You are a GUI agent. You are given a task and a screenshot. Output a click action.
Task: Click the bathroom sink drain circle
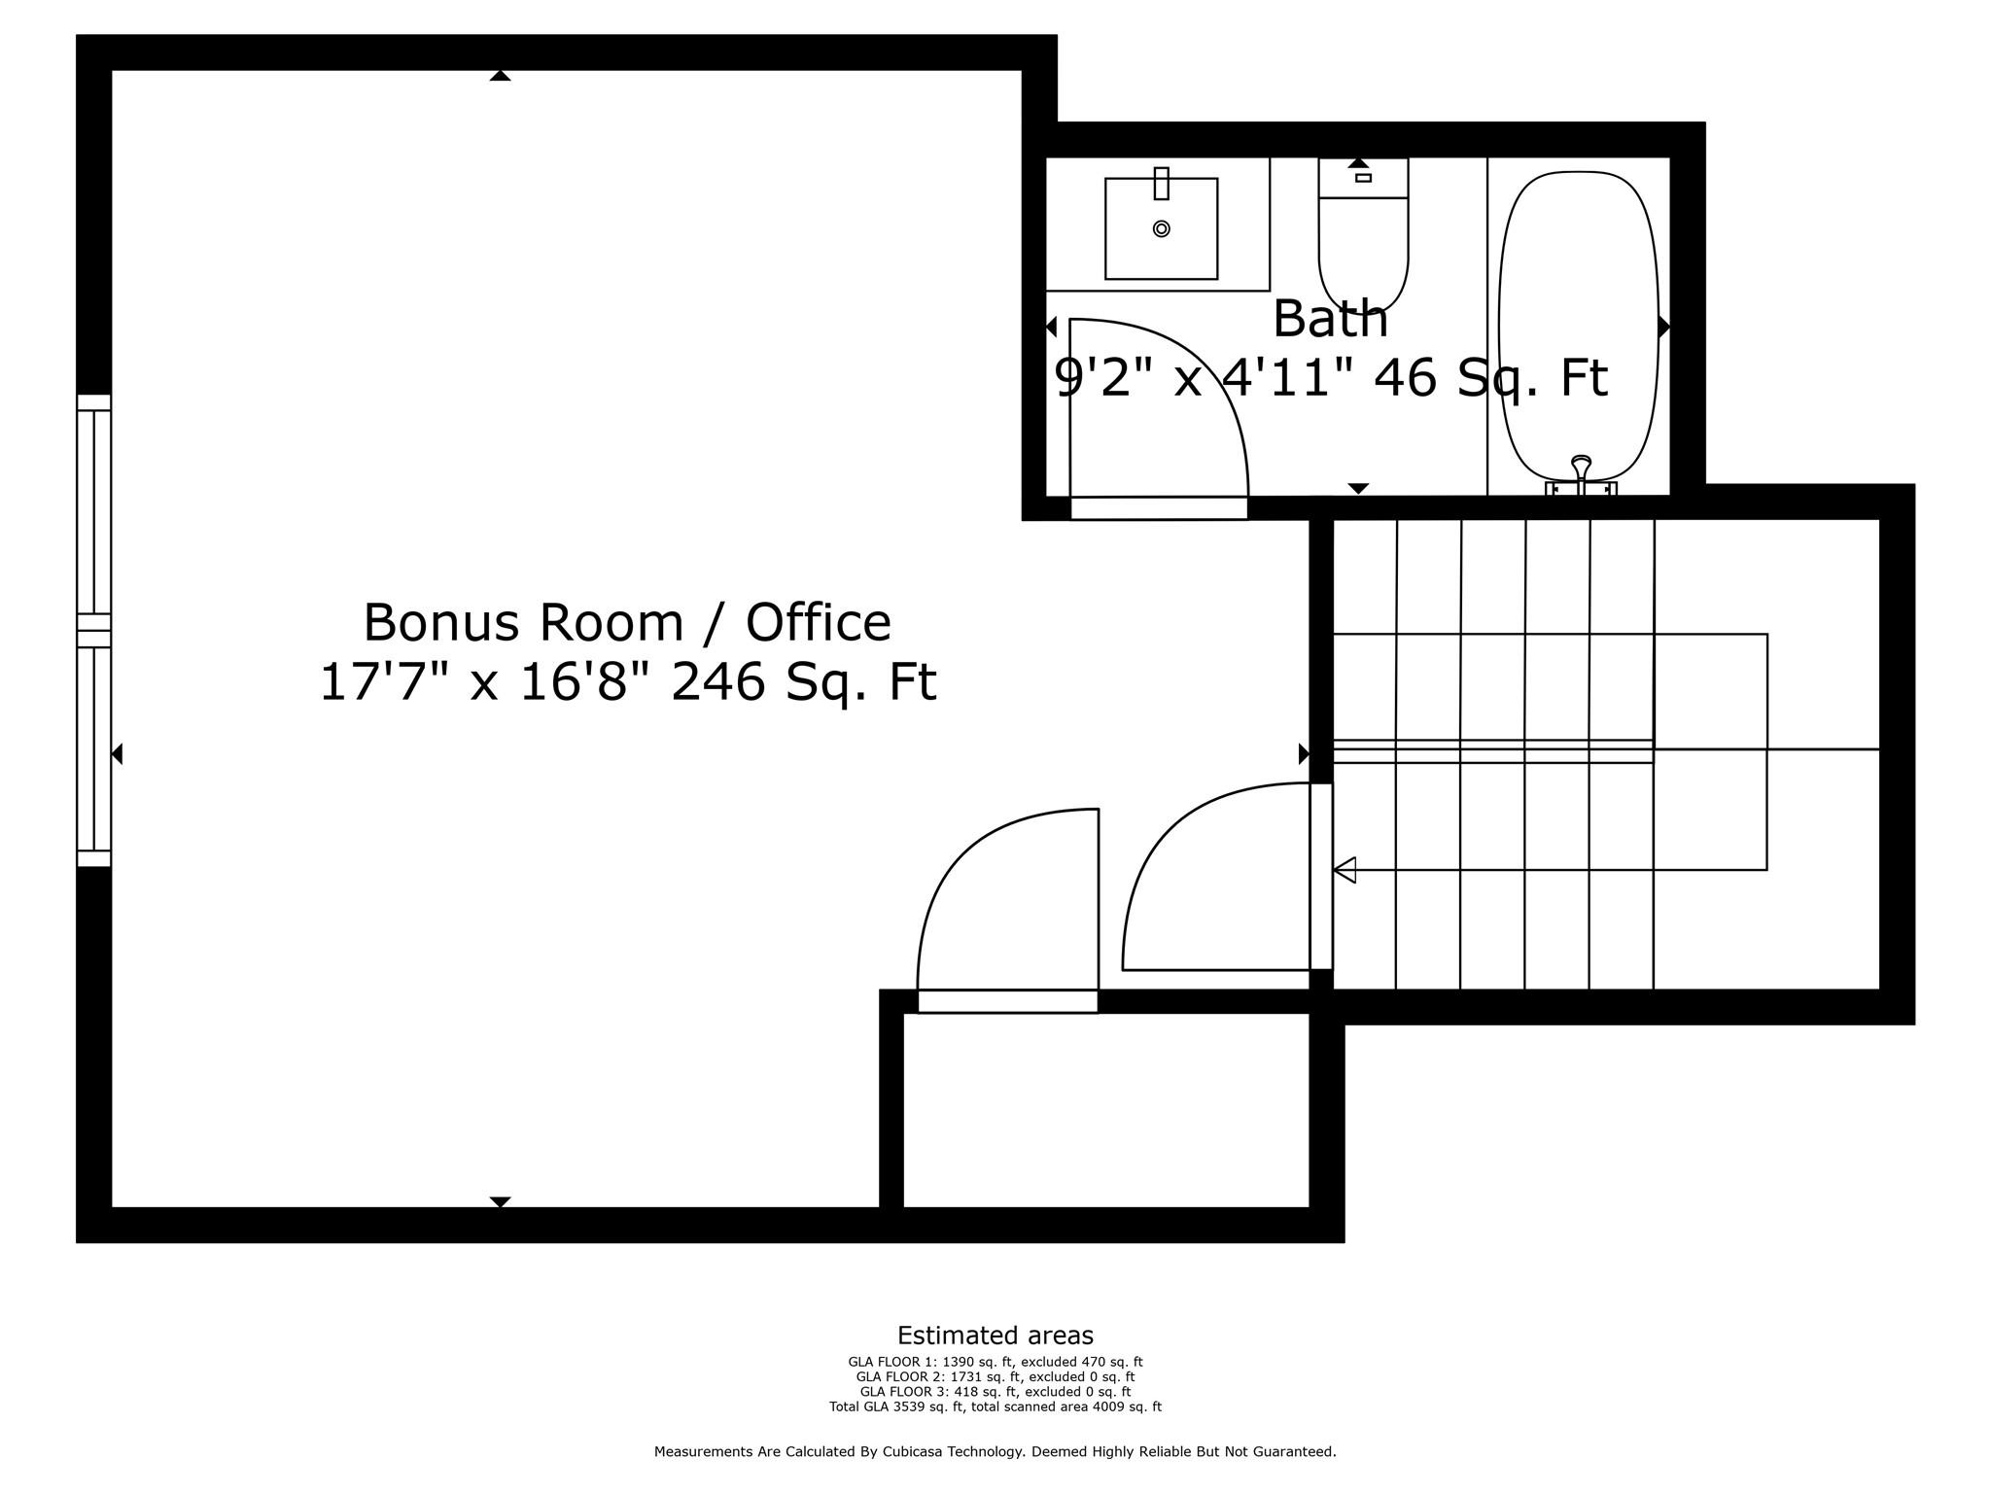(x=1161, y=228)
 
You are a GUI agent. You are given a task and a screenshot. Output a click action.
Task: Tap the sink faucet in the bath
(x=1161, y=183)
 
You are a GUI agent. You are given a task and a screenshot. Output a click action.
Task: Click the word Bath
(x=1330, y=319)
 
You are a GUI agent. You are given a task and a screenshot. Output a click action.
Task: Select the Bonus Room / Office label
(x=627, y=622)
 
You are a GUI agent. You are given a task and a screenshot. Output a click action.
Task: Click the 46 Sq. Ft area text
(x=1490, y=379)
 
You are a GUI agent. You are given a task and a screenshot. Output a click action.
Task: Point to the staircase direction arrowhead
(x=1345, y=870)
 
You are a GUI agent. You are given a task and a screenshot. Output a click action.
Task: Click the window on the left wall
(x=94, y=631)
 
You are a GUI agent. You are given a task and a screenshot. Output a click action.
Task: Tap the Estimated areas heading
(x=995, y=1336)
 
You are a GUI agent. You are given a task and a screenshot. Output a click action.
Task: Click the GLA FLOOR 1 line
(x=995, y=1363)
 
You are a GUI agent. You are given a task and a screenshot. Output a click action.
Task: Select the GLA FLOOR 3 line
(x=995, y=1392)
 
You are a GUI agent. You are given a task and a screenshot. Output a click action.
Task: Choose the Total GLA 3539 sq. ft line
(x=995, y=1406)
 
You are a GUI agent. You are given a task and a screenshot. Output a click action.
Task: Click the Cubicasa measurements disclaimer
(x=995, y=1452)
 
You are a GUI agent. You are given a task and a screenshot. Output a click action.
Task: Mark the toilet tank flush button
(x=1363, y=178)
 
